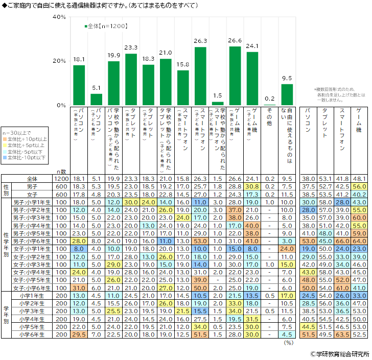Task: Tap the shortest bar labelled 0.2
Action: click(x=269, y=105)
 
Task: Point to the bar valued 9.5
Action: click(x=287, y=94)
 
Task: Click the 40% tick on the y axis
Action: click(x=59, y=17)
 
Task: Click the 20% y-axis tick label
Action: click(x=59, y=61)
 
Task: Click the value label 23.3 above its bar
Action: click(x=131, y=47)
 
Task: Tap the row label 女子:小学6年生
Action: click(x=32, y=288)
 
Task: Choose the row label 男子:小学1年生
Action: click(x=32, y=202)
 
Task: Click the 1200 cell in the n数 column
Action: click(x=61, y=179)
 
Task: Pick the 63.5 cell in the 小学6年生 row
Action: click(x=342, y=334)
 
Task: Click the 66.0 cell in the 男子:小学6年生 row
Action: click(x=342, y=241)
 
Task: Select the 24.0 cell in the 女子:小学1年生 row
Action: click(x=287, y=249)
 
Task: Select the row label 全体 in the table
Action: click(x=32, y=179)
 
